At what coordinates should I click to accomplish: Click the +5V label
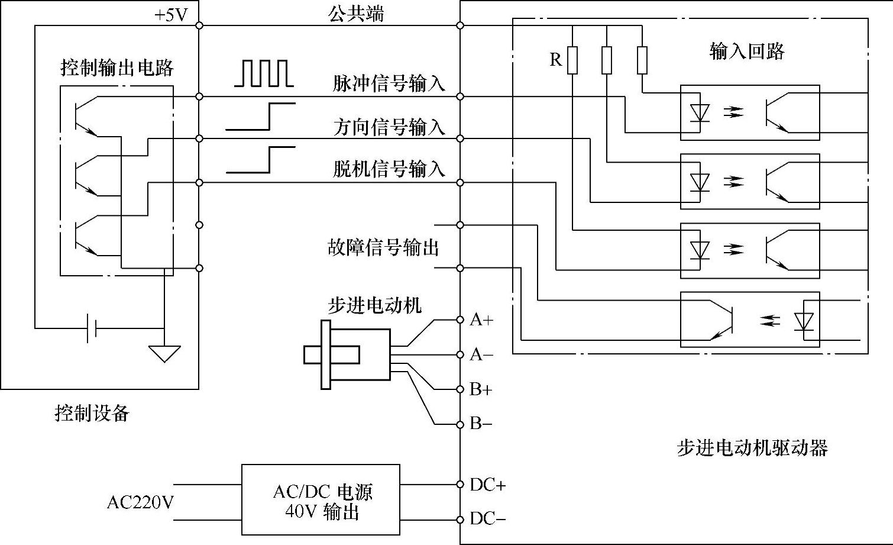pos(171,15)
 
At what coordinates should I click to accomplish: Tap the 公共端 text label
pos(356,14)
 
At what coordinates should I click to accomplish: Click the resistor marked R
pos(572,60)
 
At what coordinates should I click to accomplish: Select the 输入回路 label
pos(747,51)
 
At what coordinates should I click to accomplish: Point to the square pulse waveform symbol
pos(264,73)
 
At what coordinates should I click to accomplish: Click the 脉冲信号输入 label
pos(389,84)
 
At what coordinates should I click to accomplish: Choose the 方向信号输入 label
pos(389,127)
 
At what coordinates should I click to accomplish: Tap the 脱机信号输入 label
pos(389,169)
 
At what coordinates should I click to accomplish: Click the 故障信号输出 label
pos(383,247)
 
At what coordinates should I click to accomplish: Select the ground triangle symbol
pos(164,354)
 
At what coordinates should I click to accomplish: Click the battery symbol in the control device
pos(92,328)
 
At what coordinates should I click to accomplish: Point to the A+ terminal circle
pos(460,320)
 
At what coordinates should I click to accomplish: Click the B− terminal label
pos(481,423)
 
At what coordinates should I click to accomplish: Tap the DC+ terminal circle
pos(460,485)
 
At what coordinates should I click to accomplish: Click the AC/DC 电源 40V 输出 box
pos(321,499)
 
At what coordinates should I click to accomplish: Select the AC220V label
pos(140,502)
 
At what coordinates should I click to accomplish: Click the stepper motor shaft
pos(332,355)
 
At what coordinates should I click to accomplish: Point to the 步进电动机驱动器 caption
pos(752,447)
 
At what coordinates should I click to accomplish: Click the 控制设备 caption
pos(92,413)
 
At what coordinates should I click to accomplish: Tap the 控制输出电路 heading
pos(117,67)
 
